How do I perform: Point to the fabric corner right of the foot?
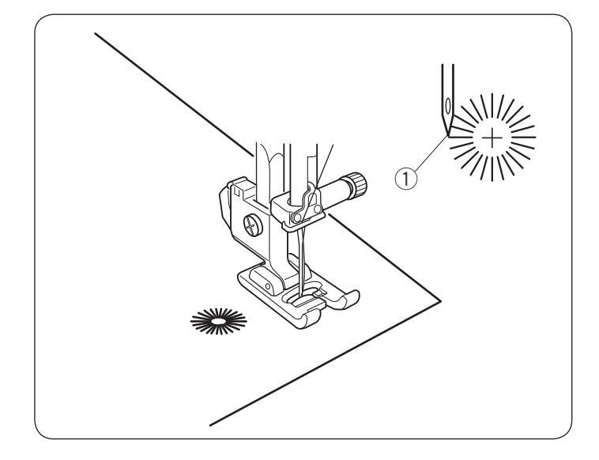pyautogui.click(x=437, y=299)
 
